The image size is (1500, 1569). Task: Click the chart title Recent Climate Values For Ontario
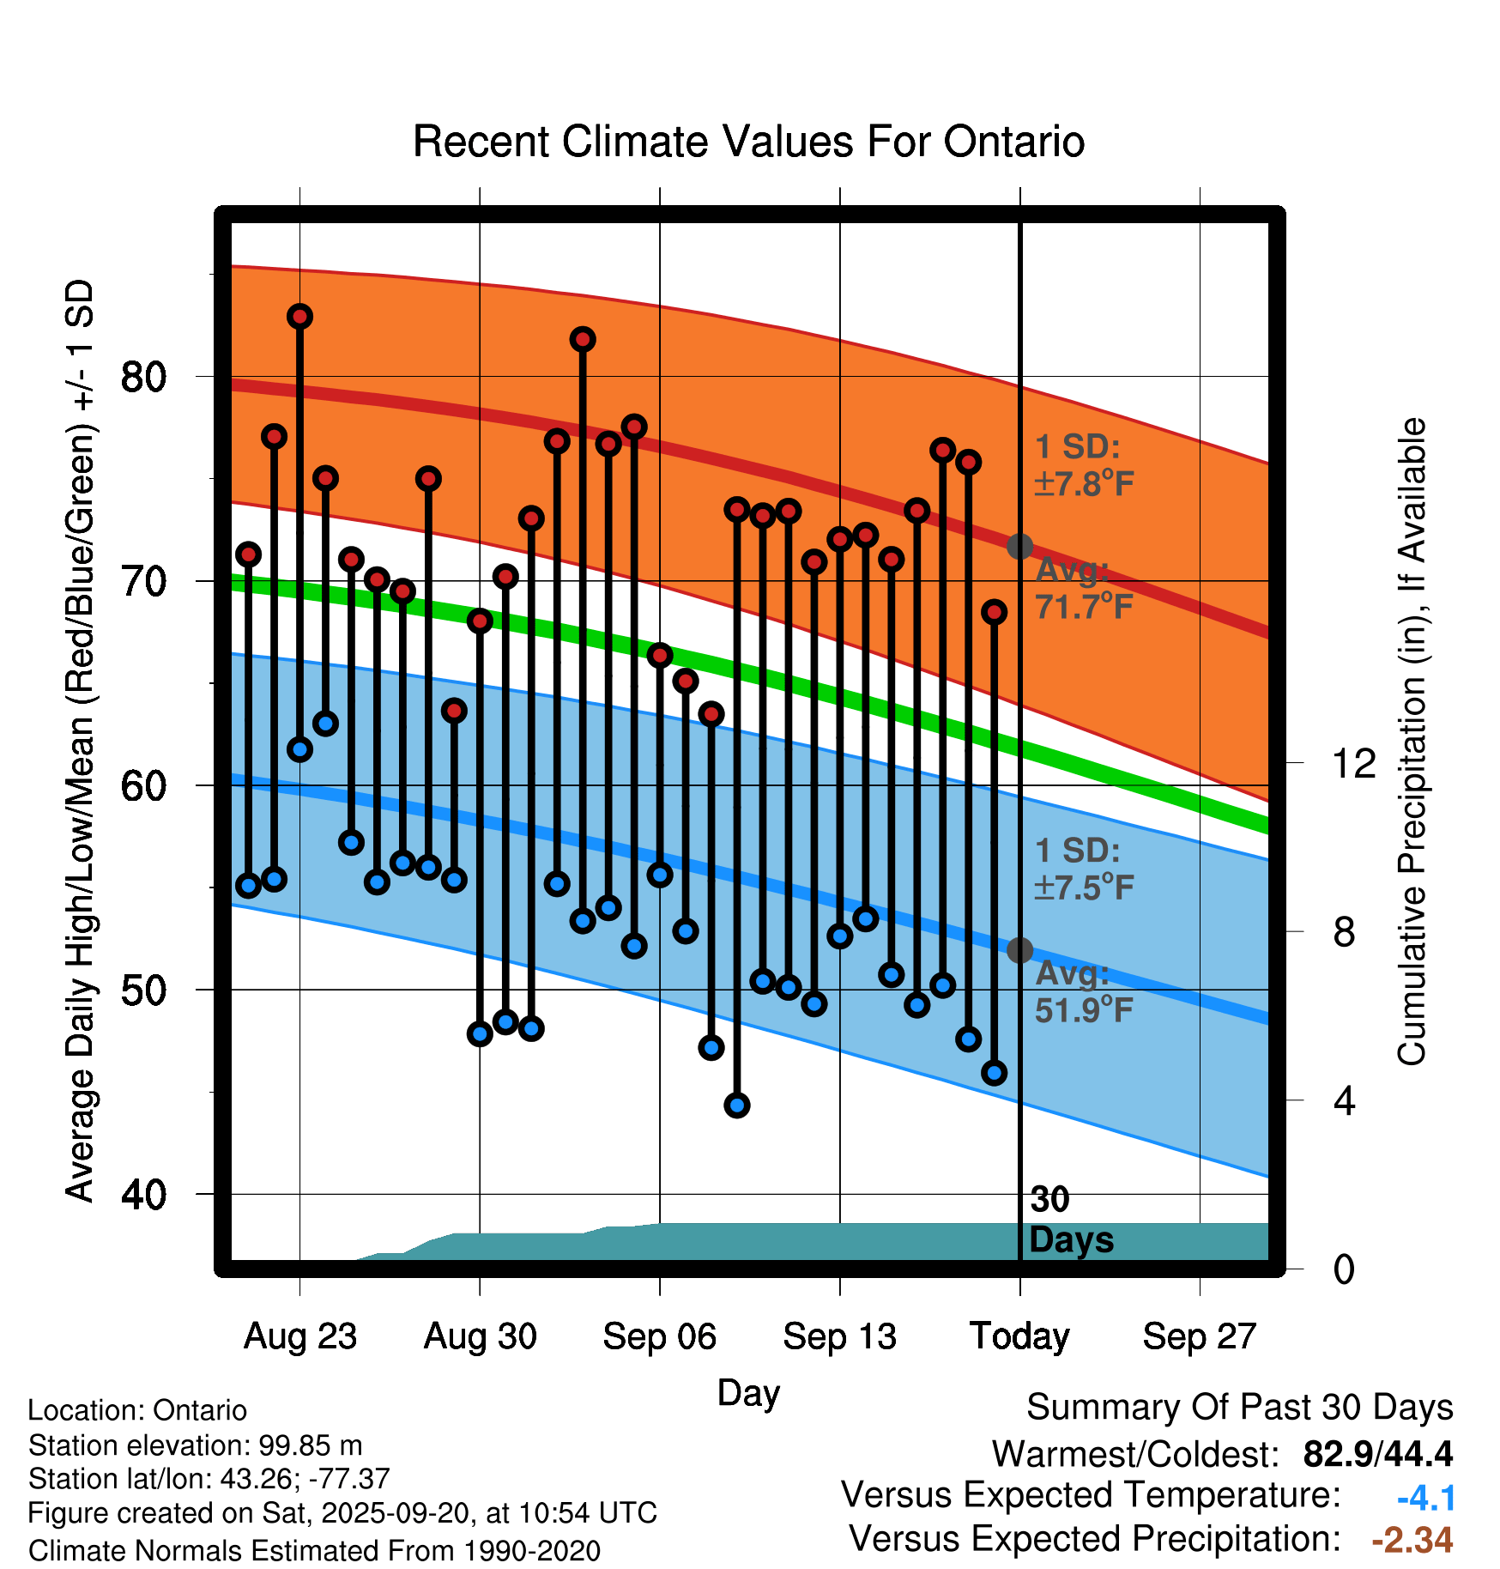coord(748,142)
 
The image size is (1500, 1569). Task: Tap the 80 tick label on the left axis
coord(143,377)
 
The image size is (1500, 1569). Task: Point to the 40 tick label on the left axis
coord(143,1194)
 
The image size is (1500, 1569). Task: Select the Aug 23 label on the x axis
coord(299,1336)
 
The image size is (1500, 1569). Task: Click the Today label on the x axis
coord(1019,1336)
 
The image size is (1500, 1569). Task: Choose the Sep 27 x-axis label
coord(1199,1336)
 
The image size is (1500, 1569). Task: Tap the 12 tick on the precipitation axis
coord(1353,763)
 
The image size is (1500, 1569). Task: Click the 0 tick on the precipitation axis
coord(1344,1269)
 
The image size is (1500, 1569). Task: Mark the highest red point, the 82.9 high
coord(299,317)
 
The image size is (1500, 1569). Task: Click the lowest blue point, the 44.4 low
coord(737,1106)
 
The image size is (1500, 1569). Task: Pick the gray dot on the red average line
coord(1019,546)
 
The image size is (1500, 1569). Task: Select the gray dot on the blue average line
coord(1019,950)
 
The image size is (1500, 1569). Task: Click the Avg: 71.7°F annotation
coord(1085,589)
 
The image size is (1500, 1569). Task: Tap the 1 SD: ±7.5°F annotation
coord(1085,869)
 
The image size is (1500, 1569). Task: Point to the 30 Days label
coord(1071,1220)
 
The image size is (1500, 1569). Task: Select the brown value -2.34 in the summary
coord(1412,1540)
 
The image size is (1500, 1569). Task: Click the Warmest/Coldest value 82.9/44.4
coord(1377,1454)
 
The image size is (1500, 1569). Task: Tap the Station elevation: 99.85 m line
coord(195,1445)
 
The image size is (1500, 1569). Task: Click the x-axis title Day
coord(748,1392)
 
